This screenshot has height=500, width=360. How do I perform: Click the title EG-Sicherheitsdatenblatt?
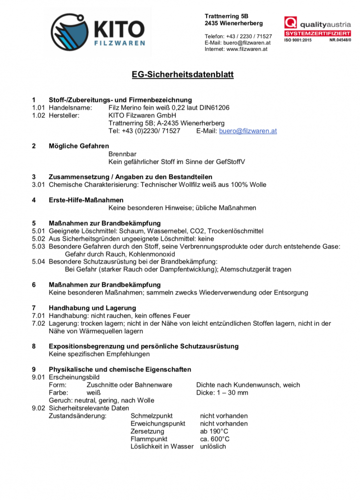[x=183, y=75]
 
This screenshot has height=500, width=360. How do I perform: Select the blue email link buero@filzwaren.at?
[x=248, y=131]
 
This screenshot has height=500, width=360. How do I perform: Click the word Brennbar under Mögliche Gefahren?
[x=122, y=154]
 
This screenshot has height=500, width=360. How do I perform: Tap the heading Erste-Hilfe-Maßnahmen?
[x=86, y=200]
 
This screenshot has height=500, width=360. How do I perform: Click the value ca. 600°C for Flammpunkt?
[x=214, y=439]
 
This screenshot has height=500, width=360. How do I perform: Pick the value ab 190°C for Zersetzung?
[x=214, y=431]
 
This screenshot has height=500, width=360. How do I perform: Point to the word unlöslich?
[x=213, y=446]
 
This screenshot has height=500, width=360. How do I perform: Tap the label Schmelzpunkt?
[x=151, y=416]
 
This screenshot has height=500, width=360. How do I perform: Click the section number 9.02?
[x=38, y=408]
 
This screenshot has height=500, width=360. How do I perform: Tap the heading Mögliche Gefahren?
[x=79, y=146]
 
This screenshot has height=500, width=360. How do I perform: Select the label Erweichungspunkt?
[x=158, y=423]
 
